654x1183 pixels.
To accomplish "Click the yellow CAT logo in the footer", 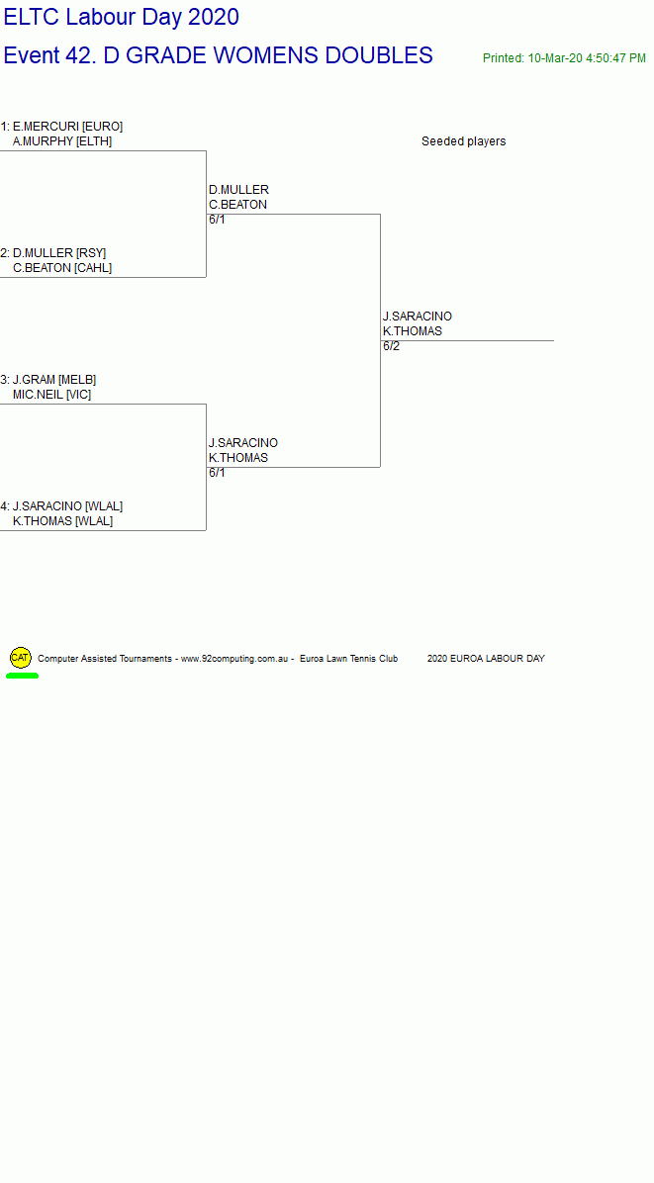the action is tap(21, 658).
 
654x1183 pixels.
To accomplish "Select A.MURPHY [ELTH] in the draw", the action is tap(62, 141).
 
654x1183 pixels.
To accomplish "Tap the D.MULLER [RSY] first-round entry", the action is tap(59, 253).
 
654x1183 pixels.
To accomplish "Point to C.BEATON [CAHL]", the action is tap(62, 268).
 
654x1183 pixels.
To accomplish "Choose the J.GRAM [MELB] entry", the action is tap(54, 380).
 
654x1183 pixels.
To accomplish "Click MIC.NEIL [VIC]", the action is tap(52, 395).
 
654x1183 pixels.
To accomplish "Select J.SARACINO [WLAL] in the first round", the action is tap(68, 506).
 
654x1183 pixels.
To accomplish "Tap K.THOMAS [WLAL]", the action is tap(62, 521).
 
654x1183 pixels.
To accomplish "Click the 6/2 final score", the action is tap(392, 346).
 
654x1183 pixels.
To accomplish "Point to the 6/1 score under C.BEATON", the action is tap(218, 220).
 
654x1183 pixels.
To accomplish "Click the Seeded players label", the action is tap(464, 141).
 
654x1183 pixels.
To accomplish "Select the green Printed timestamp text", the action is tap(564, 58).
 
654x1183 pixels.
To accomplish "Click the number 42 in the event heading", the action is tap(84, 55).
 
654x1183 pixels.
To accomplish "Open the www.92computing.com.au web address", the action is tap(234, 659).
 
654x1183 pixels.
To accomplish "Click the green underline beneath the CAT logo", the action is tap(22, 676).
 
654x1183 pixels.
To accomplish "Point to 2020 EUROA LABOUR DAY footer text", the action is tap(486, 659).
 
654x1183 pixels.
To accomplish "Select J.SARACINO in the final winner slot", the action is tap(418, 317).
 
